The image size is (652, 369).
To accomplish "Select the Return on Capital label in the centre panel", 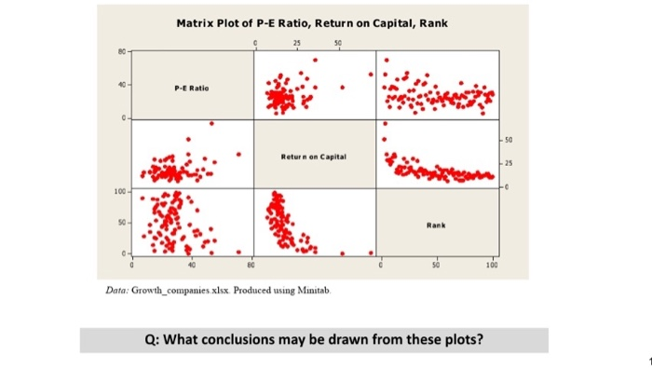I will [x=313, y=158].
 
